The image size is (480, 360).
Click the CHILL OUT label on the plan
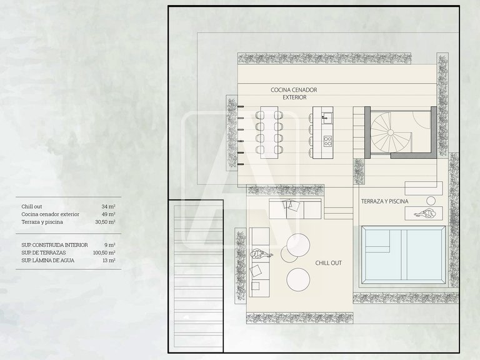329,263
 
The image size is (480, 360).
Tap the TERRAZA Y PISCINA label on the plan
385,201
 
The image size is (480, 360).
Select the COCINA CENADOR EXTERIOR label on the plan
294,94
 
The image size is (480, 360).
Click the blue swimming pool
404,255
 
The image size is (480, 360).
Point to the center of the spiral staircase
390,132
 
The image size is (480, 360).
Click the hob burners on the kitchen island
327,141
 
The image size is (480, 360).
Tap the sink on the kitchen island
327,117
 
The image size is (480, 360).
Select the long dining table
269,132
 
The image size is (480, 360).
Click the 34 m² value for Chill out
108,207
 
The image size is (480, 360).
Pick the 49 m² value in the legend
108,214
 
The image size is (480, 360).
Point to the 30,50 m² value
105,222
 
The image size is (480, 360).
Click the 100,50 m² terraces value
104,253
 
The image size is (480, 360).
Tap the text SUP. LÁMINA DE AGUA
47,261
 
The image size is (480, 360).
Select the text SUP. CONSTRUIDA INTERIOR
54,245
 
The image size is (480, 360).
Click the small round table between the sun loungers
431,201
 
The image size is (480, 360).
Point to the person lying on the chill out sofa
261,254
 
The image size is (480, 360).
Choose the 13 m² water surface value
109,261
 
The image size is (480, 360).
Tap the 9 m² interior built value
110,245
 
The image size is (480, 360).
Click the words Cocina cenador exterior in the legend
50,214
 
